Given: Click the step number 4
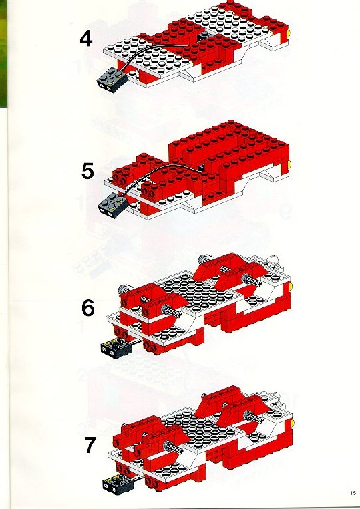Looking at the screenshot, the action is pos(86,39).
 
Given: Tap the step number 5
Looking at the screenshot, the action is pos(88,172).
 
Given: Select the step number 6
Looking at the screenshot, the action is pos(88,308).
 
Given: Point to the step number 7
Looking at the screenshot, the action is pos(90,445).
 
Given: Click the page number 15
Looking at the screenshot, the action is pos(353,493).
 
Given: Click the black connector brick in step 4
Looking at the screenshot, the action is pos(112,80).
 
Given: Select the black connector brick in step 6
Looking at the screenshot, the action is pos(117,348).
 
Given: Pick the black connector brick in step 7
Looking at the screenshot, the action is pos(118,484).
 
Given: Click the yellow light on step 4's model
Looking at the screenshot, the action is pos(289,33).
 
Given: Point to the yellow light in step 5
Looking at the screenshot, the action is pos(289,164).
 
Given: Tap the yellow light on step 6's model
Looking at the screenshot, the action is pos(291,286).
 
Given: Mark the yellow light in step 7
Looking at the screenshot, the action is pos(293,423).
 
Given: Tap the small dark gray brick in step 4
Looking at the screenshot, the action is pos(204,36).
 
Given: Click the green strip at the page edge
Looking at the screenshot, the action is pos(3,54).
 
